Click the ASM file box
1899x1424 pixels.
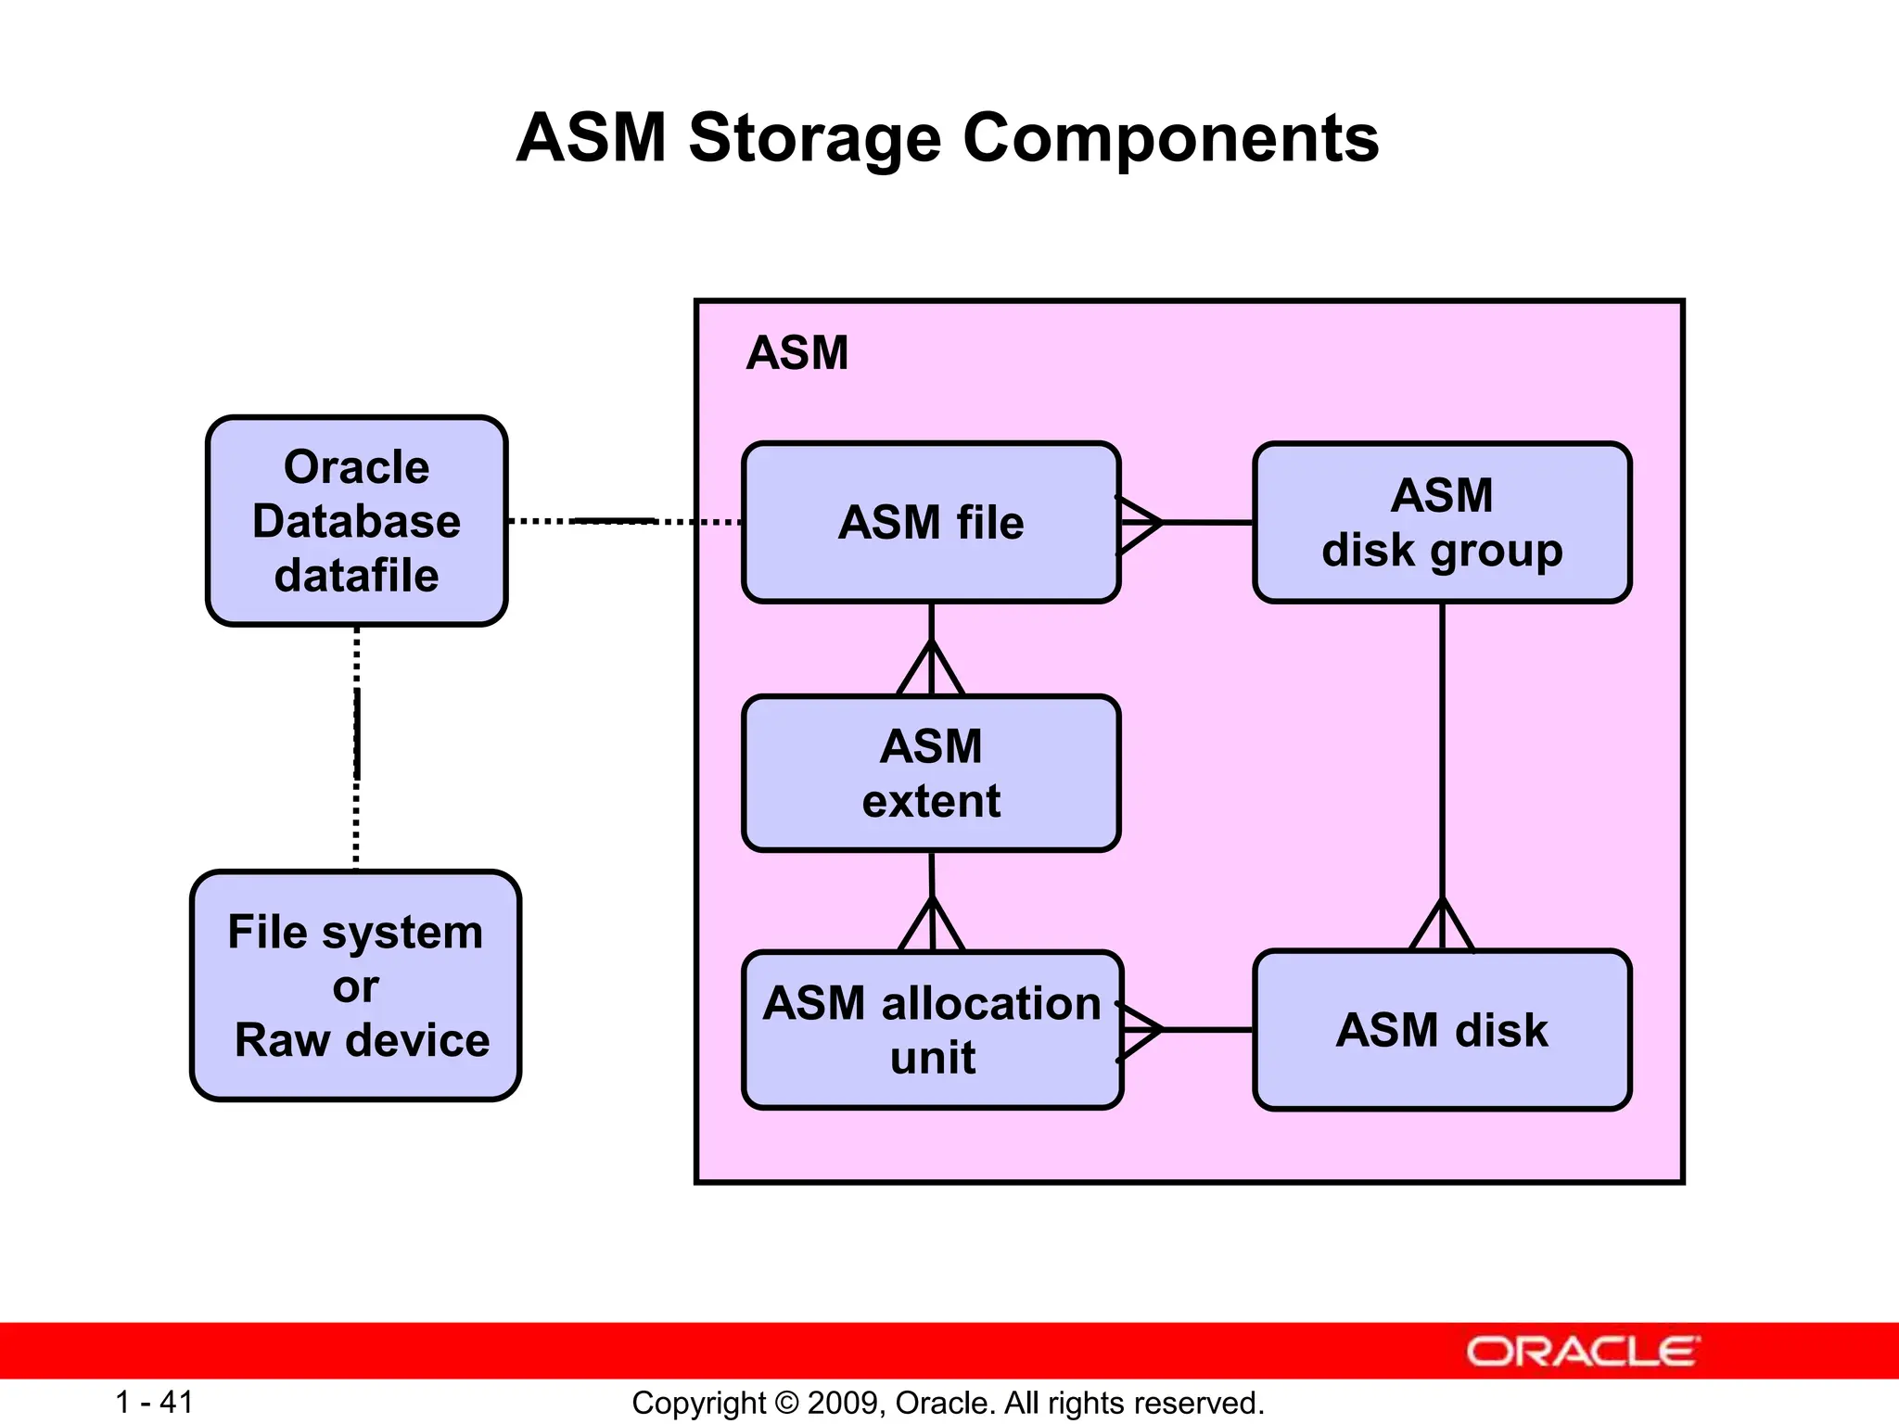tap(931, 523)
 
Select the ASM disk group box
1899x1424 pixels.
tap(1442, 523)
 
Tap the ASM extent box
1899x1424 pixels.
tap(931, 773)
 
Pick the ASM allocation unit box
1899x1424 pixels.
tap(932, 1030)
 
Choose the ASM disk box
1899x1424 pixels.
tap(1442, 1030)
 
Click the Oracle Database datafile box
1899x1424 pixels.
tap(356, 521)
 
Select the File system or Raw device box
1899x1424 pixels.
tap(355, 985)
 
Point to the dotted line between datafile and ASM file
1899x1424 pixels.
tap(623, 522)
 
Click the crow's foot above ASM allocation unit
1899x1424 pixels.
tap(932, 925)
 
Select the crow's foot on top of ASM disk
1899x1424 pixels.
tap(1442, 925)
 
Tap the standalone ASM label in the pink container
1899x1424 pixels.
tap(797, 353)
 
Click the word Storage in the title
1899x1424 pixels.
tap(814, 138)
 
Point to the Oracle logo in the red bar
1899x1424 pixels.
tap(1582, 1352)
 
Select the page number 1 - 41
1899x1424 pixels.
tap(154, 1402)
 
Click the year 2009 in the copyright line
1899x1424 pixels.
tap(836, 1403)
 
